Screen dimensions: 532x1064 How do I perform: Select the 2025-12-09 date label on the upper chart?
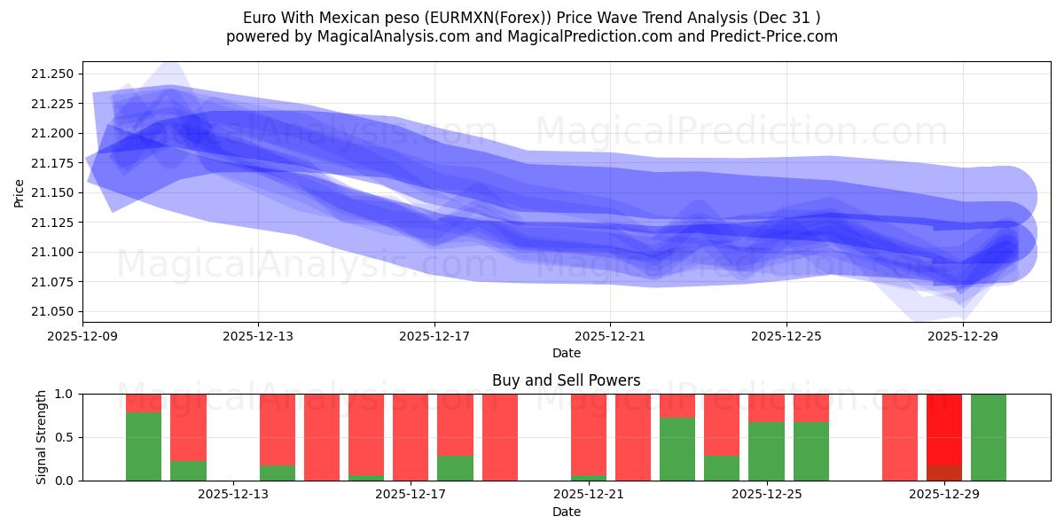point(82,337)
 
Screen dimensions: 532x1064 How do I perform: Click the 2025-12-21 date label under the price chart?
point(610,337)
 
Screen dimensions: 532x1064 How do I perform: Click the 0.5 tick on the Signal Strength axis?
point(65,437)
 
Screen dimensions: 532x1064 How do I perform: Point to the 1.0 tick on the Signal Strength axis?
point(65,394)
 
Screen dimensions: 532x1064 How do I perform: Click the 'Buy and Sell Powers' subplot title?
point(566,380)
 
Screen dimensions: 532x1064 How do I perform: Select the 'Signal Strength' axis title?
point(42,436)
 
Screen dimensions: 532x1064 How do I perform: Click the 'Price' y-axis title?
point(20,192)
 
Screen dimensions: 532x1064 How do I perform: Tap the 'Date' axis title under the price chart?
point(566,353)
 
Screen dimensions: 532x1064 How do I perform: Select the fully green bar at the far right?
point(989,437)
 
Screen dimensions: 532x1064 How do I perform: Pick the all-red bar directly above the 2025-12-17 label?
point(411,437)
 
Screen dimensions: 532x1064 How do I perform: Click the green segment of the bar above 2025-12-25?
point(766,451)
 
